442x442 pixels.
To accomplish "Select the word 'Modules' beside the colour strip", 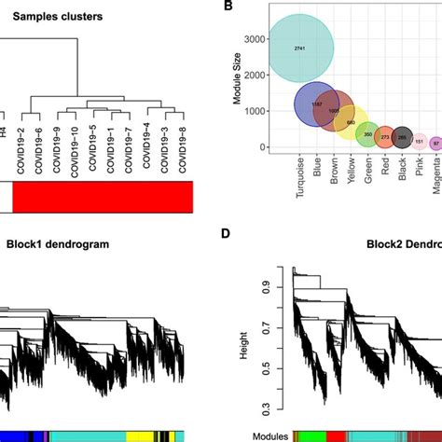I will [x=270, y=435].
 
